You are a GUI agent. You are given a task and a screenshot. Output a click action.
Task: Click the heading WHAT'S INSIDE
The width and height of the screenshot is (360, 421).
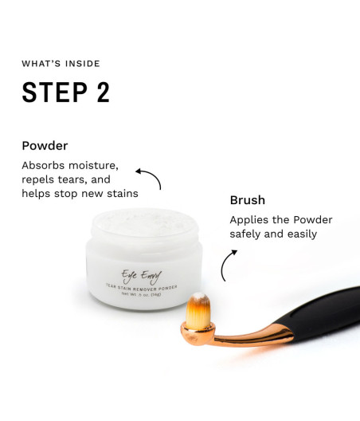point(61,64)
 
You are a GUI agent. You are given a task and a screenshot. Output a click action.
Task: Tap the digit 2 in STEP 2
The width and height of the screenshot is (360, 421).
point(104,92)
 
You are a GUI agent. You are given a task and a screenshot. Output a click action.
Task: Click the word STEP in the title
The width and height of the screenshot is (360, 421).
point(55,92)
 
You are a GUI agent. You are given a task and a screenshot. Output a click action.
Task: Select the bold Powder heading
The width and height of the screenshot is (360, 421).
point(45,146)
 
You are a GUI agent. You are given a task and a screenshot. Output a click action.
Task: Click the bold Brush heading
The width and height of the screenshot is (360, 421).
point(248,200)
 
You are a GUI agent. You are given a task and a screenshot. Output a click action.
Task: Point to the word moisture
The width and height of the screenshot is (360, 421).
point(93,165)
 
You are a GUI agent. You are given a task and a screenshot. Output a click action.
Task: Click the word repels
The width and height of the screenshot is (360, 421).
point(37,179)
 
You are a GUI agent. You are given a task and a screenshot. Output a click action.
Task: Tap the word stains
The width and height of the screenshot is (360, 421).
point(123,193)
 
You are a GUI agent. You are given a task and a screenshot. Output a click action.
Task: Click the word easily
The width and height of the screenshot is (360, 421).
point(302,234)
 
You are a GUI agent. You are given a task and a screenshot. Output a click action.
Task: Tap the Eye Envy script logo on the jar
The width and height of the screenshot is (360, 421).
point(141,277)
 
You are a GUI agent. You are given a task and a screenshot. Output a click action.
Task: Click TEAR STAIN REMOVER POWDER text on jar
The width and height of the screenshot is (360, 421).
point(141,288)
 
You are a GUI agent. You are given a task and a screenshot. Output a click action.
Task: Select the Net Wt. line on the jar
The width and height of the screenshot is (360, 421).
point(141,294)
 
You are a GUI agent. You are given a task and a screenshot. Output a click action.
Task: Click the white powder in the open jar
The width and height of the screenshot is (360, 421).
point(144,222)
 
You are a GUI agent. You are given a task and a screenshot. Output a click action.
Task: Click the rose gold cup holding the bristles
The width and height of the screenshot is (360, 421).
point(198,334)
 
